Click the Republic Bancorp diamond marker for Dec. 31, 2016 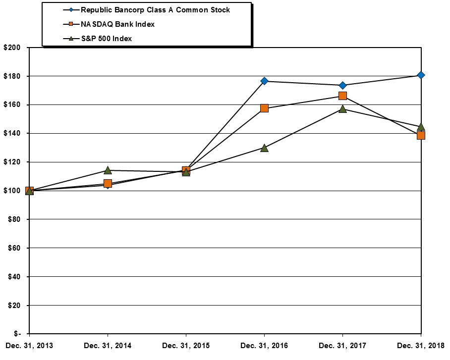(x=264, y=81)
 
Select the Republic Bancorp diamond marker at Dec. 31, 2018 (x=421, y=75)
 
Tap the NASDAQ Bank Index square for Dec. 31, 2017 (x=342, y=96)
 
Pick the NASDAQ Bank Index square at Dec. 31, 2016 (x=264, y=108)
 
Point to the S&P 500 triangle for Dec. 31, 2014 (x=108, y=170)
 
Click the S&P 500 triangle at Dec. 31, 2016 (x=264, y=148)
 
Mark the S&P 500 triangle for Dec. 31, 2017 (x=342, y=109)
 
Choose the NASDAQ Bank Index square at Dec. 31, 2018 (x=421, y=135)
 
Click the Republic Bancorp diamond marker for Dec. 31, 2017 (x=342, y=85)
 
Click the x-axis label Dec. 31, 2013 (x=29, y=346)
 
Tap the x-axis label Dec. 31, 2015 (x=186, y=346)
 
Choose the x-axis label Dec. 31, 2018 (x=421, y=346)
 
